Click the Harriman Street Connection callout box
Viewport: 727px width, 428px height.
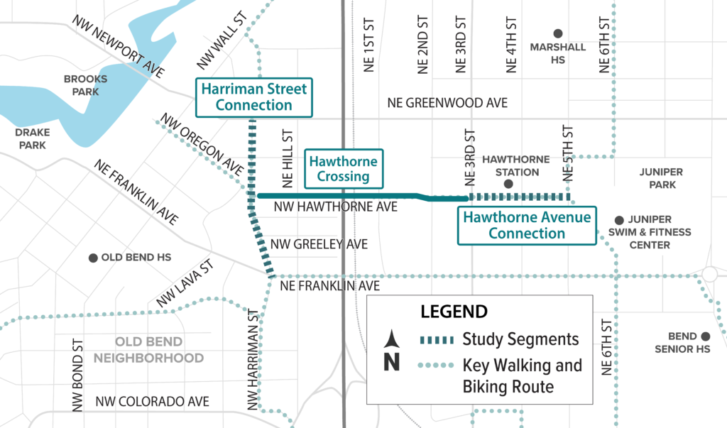tap(254, 97)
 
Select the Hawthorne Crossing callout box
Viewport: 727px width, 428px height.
tap(344, 168)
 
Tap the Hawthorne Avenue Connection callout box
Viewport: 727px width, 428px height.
tap(527, 226)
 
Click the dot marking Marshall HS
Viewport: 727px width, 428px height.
tap(558, 33)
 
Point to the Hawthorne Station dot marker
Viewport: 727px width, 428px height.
tap(508, 185)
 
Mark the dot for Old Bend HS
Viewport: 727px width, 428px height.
tap(93, 258)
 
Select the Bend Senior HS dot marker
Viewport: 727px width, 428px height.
tap(705, 336)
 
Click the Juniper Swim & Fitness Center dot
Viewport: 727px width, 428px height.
tap(619, 220)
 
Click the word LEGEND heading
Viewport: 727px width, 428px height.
tap(454, 312)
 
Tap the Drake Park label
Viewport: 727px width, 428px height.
tap(32, 138)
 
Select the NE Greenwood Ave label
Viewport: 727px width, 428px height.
tap(447, 103)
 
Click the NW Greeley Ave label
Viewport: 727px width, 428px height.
tap(319, 244)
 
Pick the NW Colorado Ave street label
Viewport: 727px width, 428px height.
tap(152, 401)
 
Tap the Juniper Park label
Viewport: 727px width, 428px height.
tap(661, 178)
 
